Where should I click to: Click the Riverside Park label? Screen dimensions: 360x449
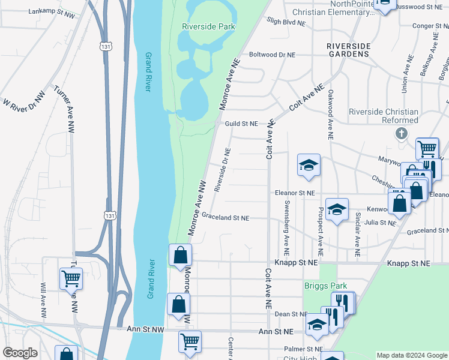[208, 26]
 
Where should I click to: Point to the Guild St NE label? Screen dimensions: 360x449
[241, 124]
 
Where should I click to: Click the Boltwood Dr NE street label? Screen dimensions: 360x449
[272, 55]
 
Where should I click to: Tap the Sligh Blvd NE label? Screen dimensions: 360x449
[285, 22]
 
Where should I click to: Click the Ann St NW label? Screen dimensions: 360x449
[145, 329]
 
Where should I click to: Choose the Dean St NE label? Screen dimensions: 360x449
[291, 314]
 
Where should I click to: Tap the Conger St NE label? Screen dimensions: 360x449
[423, 26]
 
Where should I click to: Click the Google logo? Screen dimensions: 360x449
[20, 353]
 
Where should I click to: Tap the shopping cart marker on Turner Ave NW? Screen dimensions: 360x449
[71, 278]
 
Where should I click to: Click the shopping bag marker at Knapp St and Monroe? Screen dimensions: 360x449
[180, 256]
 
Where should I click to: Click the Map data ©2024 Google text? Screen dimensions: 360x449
[412, 355]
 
